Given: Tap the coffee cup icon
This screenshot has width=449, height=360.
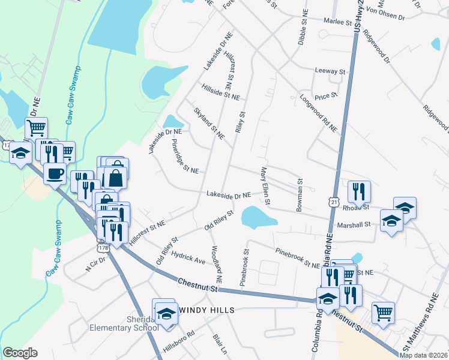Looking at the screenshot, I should pyautogui.click(x=55, y=174).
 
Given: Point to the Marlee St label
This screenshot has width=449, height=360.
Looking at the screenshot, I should pyautogui.click(x=339, y=22).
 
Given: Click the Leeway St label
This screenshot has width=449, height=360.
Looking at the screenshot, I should pyautogui.click(x=331, y=71).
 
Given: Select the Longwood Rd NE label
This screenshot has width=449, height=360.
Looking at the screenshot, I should pyautogui.click(x=318, y=113).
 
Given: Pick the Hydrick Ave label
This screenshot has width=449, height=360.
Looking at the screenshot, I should pyautogui.click(x=188, y=259).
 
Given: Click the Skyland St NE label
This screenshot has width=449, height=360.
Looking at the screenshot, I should pyautogui.click(x=209, y=124).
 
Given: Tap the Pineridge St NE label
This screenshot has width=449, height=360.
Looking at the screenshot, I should pyautogui.click(x=185, y=157).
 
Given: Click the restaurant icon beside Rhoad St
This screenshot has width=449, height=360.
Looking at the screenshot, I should pyautogui.click(x=359, y=191).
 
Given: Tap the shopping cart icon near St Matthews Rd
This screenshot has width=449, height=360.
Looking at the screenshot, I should pyautogui.click(x=383, y=312).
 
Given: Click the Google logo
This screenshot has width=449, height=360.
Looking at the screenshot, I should pyautogui.click(x=20, y=353).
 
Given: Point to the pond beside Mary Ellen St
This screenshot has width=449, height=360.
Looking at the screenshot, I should pyautogui.click(x=257, y=217).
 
